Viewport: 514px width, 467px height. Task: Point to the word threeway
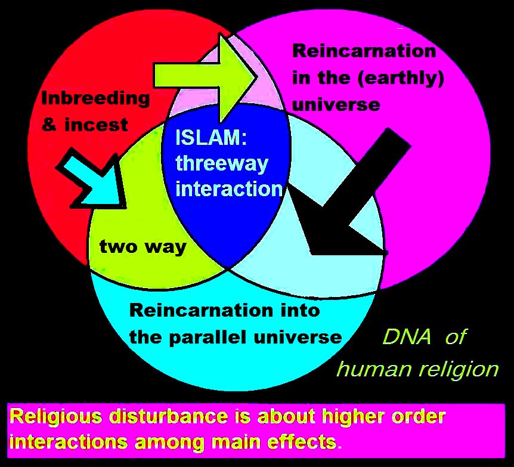tap(222, 163)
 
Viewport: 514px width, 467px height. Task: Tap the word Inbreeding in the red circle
tap(95, 98)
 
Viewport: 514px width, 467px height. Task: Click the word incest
tap(96, 125)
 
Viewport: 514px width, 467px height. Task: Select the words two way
tap(143, 246)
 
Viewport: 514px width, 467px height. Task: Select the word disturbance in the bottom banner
tap(169, 416)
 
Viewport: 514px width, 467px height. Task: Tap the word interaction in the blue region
tap(229, 189)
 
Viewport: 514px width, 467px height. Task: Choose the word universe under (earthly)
tap(336, 104)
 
